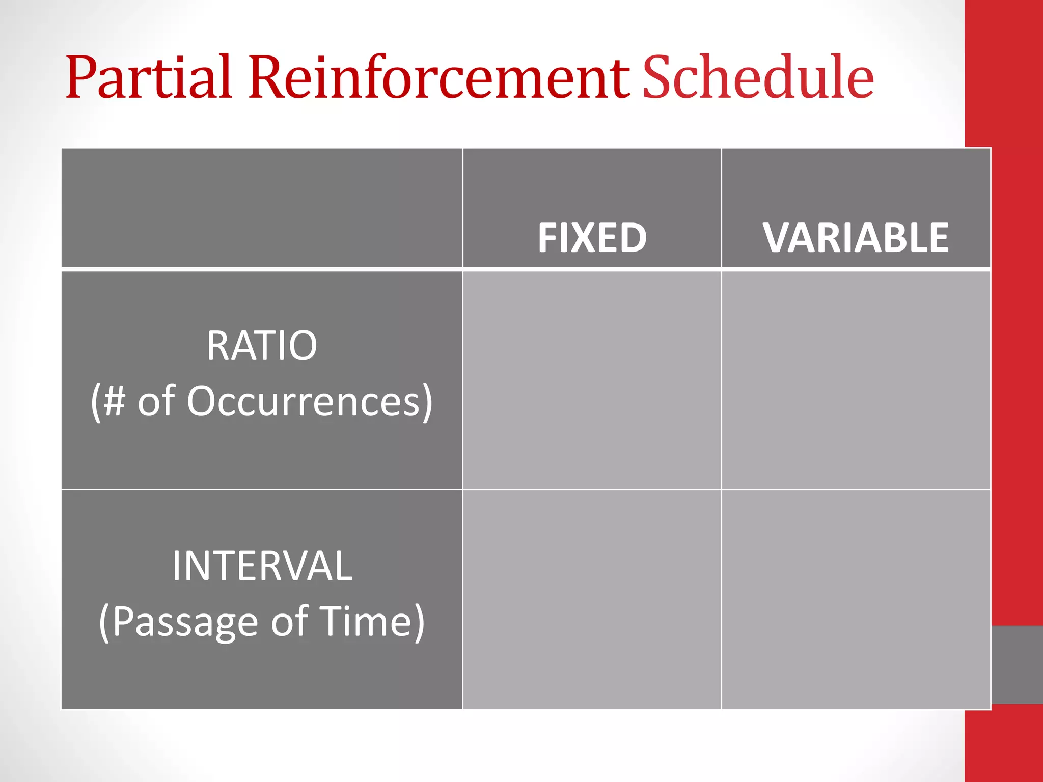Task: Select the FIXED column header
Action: point(592,238)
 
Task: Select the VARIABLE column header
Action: point(856,238)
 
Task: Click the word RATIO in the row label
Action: point(262,346)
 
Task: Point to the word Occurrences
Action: point(310,401)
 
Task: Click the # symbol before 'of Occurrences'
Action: point(115,401)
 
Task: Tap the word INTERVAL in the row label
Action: point(262,566)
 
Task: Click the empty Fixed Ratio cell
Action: point(592,380)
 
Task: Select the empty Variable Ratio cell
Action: point(856,380)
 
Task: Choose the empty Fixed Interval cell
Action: point(592,599)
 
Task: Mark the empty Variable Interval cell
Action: point(856,599)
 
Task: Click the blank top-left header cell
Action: point(262,208)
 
